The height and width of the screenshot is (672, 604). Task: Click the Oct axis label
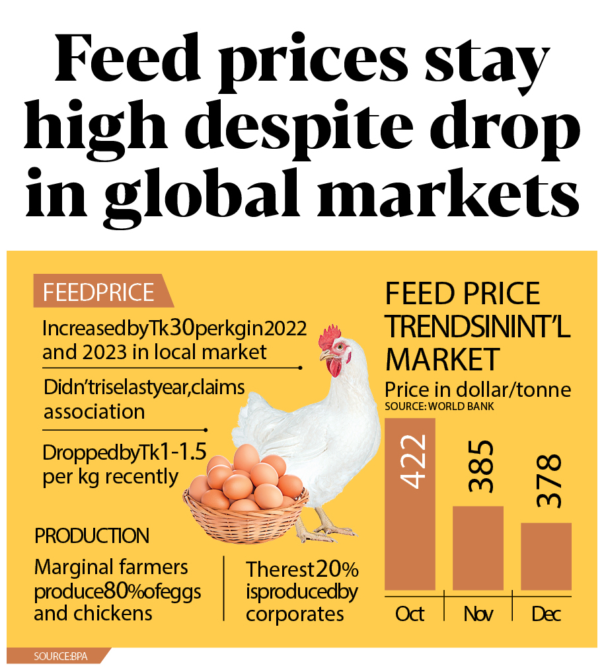point(410,614)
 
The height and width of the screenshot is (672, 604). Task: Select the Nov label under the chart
point(478,614)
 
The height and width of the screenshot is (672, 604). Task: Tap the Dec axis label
point(546,614)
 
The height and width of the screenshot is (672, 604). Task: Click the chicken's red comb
point(328,339)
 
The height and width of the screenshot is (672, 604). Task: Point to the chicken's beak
point(324,355)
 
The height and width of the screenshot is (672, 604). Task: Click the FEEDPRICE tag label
point(98,293)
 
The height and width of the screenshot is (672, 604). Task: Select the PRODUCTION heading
point(92,535)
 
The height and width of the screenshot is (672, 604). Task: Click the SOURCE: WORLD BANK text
point(439,406)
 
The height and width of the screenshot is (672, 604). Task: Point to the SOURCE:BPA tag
point(61,656)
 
